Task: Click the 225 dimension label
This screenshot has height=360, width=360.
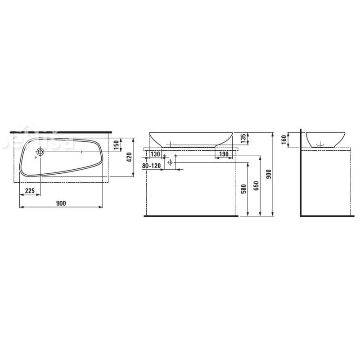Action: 30,191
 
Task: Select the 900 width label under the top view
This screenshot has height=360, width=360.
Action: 61,203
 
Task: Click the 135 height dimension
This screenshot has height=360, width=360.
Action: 243,139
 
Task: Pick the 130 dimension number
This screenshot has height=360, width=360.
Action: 155,154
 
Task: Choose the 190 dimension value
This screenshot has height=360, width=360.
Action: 223,154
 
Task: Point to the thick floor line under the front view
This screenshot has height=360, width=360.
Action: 190,216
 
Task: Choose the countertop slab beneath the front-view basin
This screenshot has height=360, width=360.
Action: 190,148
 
